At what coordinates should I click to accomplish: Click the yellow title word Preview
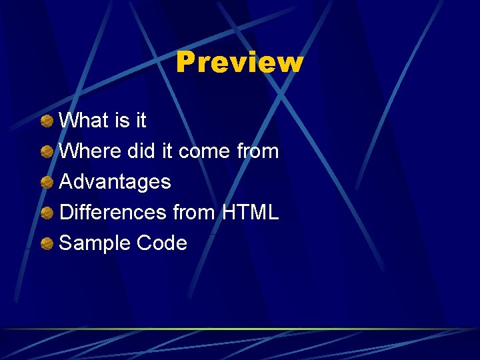tap(239, 63)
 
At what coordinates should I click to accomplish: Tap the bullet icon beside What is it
tap(47, 121)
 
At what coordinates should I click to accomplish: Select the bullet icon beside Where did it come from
tap(47, 151)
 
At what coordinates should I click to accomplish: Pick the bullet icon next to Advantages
tap(47, 182)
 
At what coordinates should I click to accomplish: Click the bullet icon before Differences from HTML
tap(47, 213)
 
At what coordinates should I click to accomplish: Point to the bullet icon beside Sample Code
tap(47, 243)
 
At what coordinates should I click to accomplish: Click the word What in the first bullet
tap(83, 121)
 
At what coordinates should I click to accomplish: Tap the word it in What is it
tap(140, 121)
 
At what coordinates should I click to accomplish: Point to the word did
tap(140, 151)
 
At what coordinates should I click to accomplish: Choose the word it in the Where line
tap(167, 151)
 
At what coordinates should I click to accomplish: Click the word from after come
tap(258, 151)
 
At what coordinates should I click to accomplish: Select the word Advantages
tap(115, 182)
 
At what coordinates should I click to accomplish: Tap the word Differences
tap(113, 213)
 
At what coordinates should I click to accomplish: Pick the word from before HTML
tap(193, 213)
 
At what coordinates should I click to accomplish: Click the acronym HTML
tap(250, 213)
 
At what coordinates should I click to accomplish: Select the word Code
tap(161, 243)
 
